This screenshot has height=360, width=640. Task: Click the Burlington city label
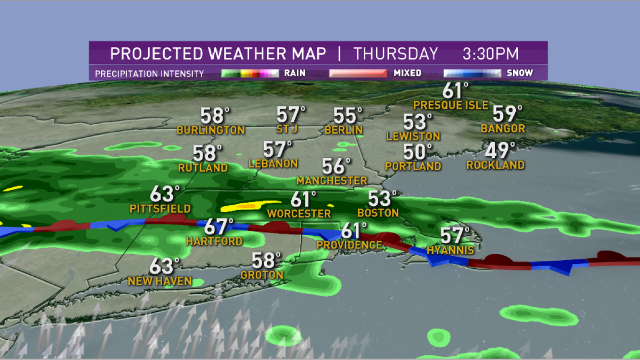[211, 130]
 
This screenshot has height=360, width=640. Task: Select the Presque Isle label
[451, 105]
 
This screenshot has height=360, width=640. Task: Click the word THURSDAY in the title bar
[395, 54]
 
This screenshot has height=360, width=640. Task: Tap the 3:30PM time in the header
[491, 54]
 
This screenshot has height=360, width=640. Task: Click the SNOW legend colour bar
[472, 73]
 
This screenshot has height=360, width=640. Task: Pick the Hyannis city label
[451, 250]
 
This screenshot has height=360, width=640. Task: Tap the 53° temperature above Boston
[382, 198]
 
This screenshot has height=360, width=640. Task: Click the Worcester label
[299, 213]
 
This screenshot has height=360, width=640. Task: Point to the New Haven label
[159, 281]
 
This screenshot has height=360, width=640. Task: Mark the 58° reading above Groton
[266, 260]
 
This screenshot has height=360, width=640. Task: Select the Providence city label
[349, 245]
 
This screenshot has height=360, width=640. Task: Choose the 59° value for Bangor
[506, 113]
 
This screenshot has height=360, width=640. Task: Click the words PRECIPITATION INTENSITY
[149, 74]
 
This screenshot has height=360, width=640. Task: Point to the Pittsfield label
[160, 208]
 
